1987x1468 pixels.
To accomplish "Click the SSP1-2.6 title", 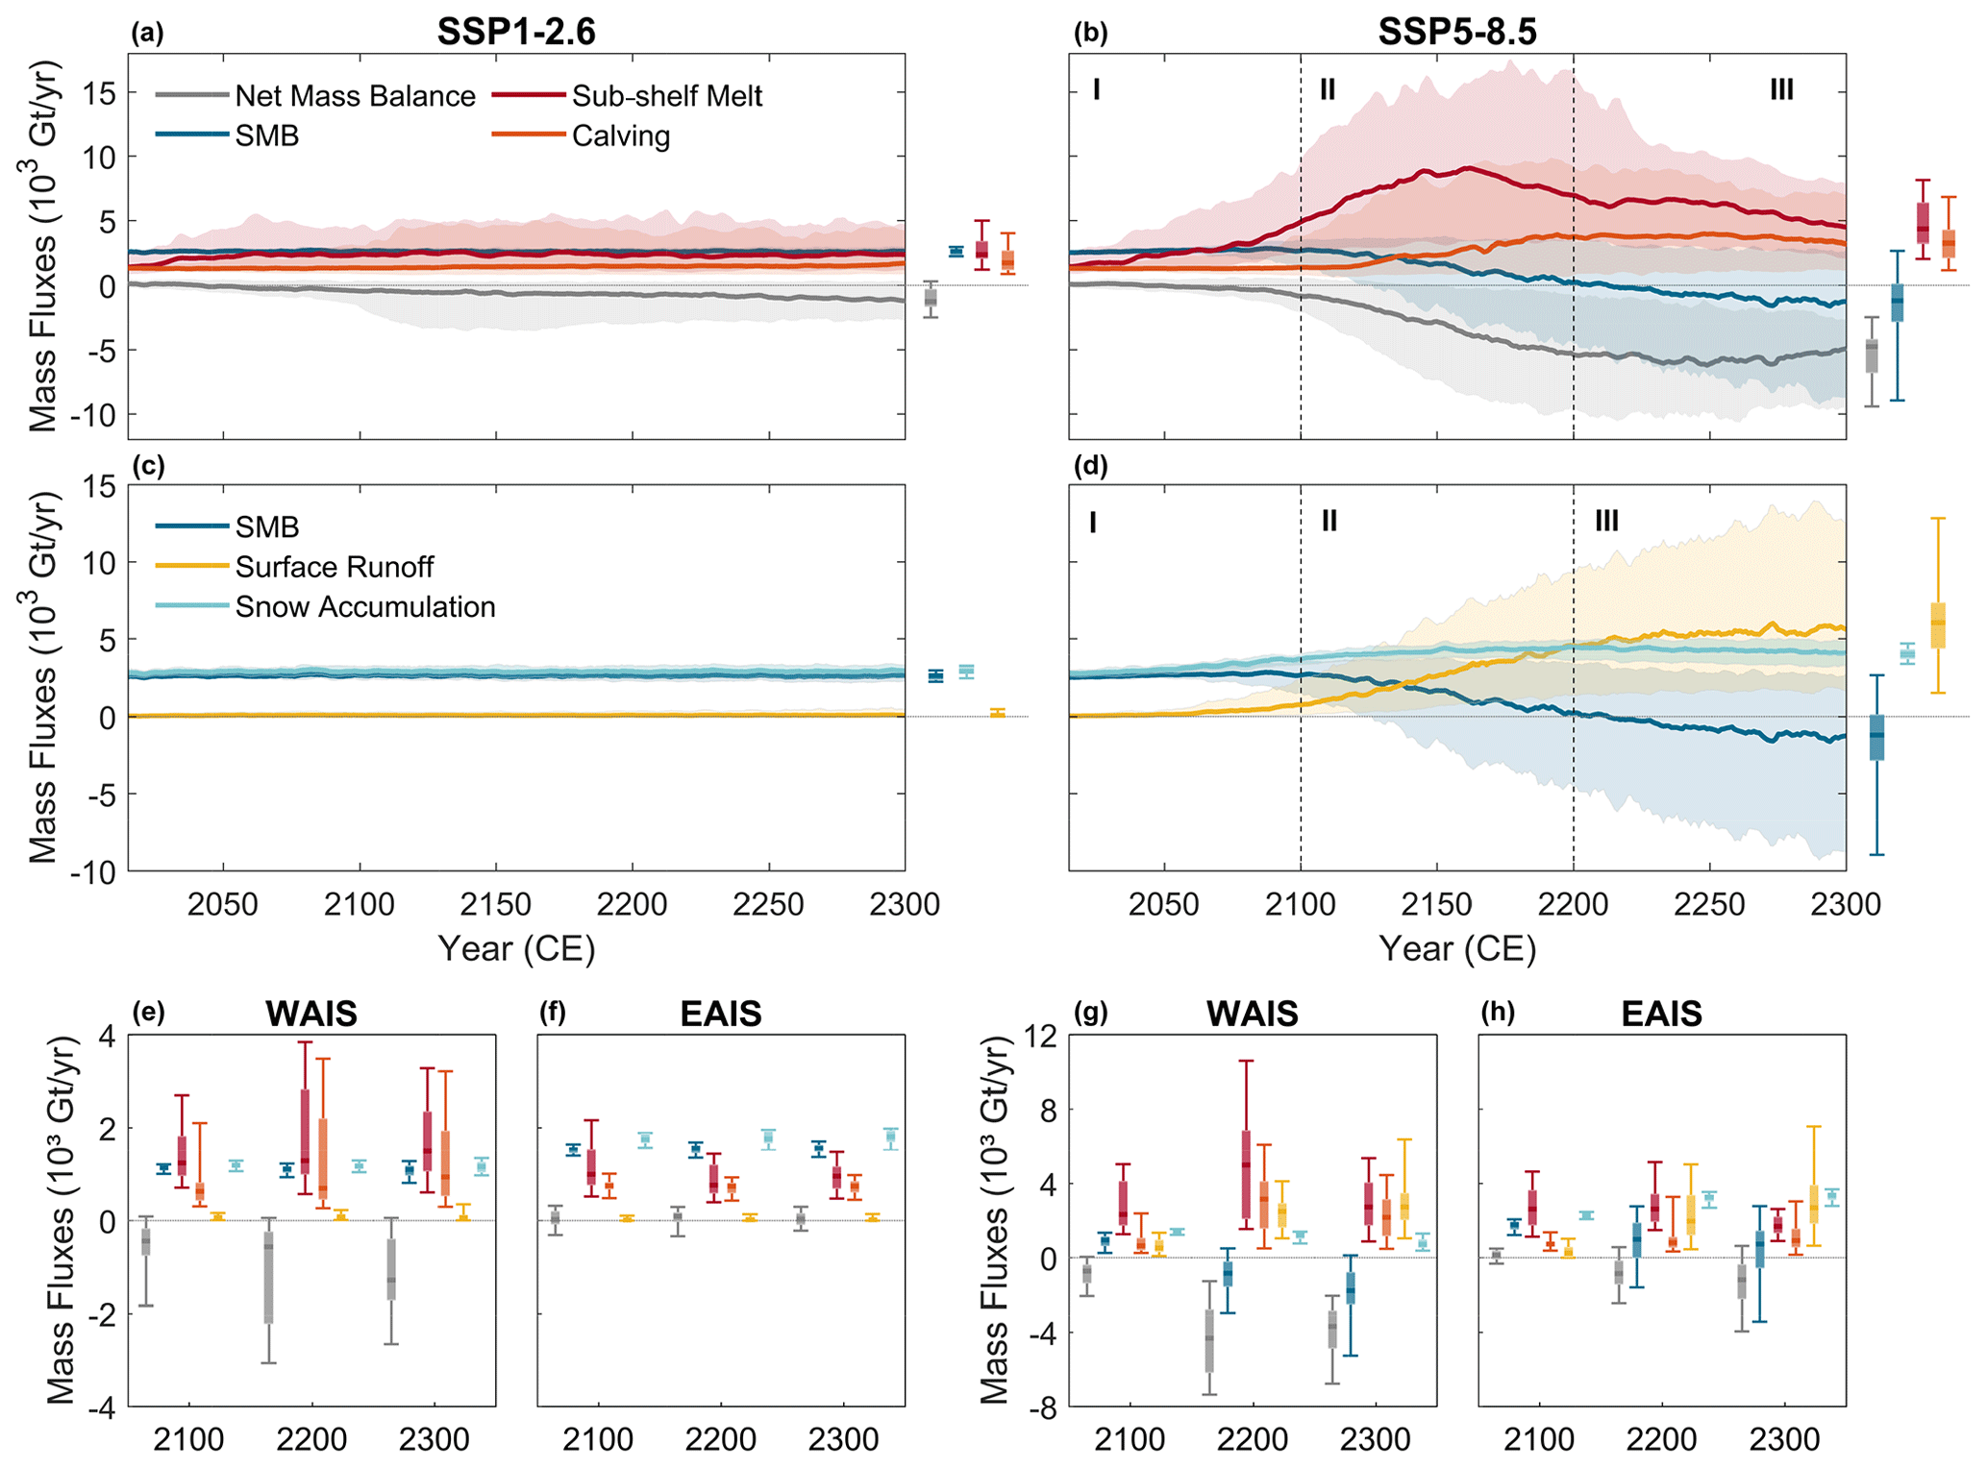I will (x=516, y=32).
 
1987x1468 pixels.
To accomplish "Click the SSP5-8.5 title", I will (x=1456, y=32).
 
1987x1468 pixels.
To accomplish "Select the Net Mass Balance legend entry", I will (x=354, y=96).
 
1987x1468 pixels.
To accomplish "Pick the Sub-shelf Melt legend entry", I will (x=666, y=96).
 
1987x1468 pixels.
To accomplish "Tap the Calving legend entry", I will (x=620, y=136).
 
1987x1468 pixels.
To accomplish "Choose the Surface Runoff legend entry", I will (x=334, y=567).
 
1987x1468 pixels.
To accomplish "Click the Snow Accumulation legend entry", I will (x=364, y=607).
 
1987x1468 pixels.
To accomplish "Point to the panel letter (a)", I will (x=147, y=34).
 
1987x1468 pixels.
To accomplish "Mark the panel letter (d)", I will (x=1090, y=467).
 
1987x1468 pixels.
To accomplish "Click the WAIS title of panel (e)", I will (x=311, y=1014).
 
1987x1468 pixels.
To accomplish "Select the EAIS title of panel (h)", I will (x=1661, y=1014).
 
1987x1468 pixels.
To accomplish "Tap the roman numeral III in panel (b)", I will (x=1781, y=90).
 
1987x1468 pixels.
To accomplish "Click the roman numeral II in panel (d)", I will (x=1329, y=522).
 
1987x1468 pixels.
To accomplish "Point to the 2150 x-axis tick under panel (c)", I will (x=495, y=905).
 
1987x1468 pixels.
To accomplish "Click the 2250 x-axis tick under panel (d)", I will (x=1709, y=905).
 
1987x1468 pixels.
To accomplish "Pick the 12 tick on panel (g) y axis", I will (x=1041, y=1037).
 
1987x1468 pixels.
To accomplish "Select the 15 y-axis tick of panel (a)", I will (x=99, y=93).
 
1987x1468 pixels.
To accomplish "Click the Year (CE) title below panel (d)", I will (x=1457, y=949).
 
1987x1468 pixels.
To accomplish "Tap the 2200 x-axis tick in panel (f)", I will (x=721, y=1439).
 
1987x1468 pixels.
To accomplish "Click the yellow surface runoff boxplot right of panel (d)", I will (x=1938, y=624).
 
